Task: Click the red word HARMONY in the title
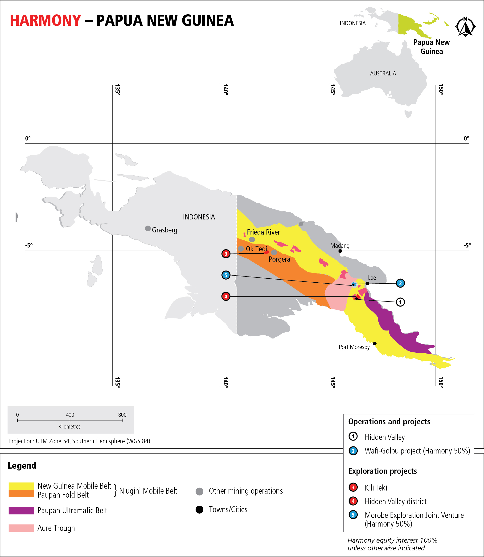tap(45, 21)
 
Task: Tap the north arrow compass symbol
tap(465, 27)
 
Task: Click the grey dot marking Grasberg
tap(148, 228)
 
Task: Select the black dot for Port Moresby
tap(375, 343)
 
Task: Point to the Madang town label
tap(340, 246)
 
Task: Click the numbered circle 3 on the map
tap(226, 254)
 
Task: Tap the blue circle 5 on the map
tap(226, 275)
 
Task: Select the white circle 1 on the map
tap(400, 302)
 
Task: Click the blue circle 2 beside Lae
tap(400, 283)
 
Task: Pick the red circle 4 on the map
tap(226, 296)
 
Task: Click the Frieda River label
tap(263, 232)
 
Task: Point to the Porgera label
tap(279, 259)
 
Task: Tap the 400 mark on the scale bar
tap(70, 420)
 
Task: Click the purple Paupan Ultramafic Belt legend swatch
tap(21, 510)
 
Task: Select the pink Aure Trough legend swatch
tap(21, 528)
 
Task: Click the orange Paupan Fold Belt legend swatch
tap(21, 494)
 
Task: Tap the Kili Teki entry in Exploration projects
tap(376, 487)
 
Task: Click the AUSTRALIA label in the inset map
tap(383, 74)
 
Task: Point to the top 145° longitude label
tap(333, 90)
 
